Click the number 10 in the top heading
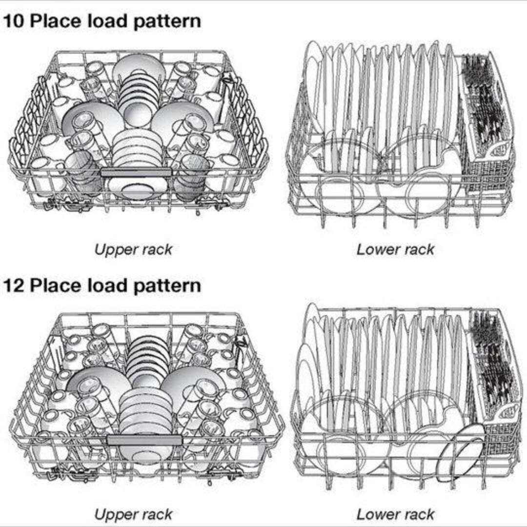tap(13, 22)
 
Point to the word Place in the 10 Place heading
tap(55, 22)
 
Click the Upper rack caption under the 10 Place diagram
tap(133, 250)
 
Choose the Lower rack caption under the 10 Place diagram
tap(395, 250)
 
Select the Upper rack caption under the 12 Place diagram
tap(133, 514)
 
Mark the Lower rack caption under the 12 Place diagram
tap(395, 514)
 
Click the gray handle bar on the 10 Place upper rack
tap(136, 172)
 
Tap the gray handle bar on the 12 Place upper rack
tap(144, 440)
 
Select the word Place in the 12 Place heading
tap(55, 285)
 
